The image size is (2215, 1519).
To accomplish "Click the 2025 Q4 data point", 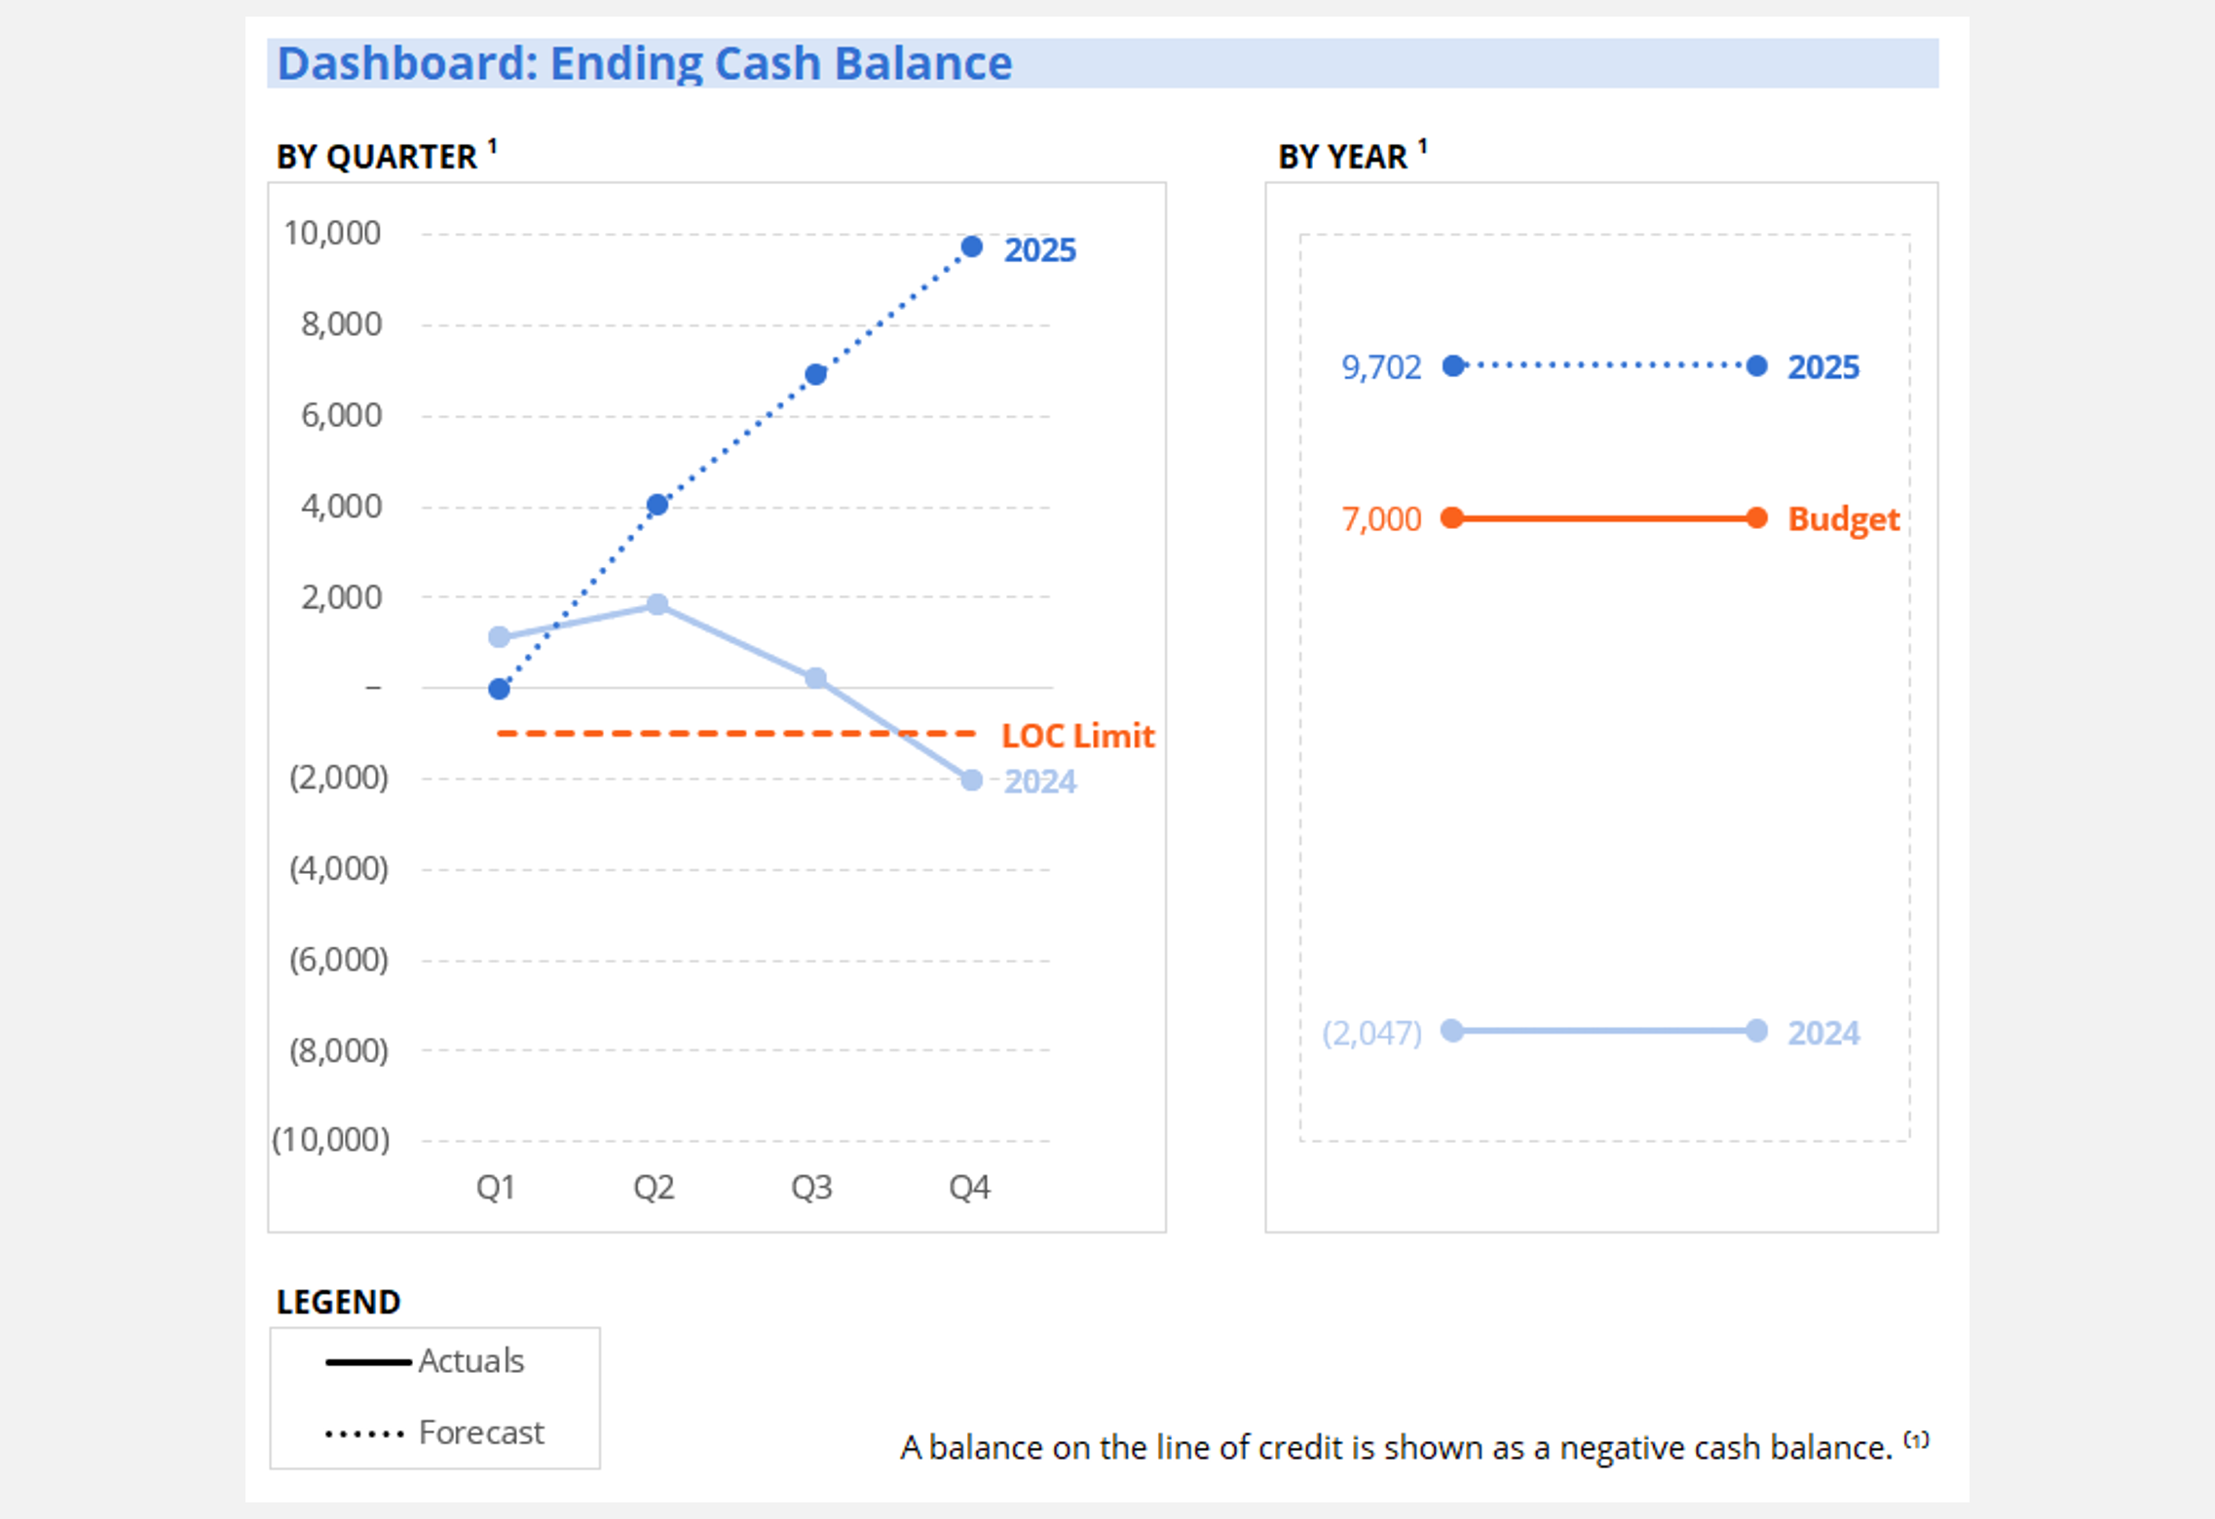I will (971, 247).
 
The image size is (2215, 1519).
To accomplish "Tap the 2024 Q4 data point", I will (971, 780).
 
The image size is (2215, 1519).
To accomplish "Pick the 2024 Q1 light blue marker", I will (499, 637).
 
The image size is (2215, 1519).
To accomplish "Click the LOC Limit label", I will (1077, 736).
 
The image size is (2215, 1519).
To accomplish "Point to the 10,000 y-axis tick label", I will (331, 233).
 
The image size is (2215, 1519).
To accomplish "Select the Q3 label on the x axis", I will (811, 1187).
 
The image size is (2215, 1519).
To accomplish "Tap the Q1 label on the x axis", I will (496, 1187).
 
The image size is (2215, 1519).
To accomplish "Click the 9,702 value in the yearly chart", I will (1381, 367).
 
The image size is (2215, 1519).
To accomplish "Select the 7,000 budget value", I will (1381, 519).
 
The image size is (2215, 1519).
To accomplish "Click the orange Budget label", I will (1843, 519).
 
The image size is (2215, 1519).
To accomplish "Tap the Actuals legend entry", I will (471, 1361).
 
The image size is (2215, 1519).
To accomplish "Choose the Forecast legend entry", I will (481, 1433).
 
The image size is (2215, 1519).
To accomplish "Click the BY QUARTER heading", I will (377, 157).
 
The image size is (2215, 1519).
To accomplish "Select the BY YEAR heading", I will (1342, 157).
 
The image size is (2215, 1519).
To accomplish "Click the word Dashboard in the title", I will (406, 63).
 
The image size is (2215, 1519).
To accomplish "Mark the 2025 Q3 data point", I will (816, 374).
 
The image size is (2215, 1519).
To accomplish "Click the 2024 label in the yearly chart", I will (1822, 1033).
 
